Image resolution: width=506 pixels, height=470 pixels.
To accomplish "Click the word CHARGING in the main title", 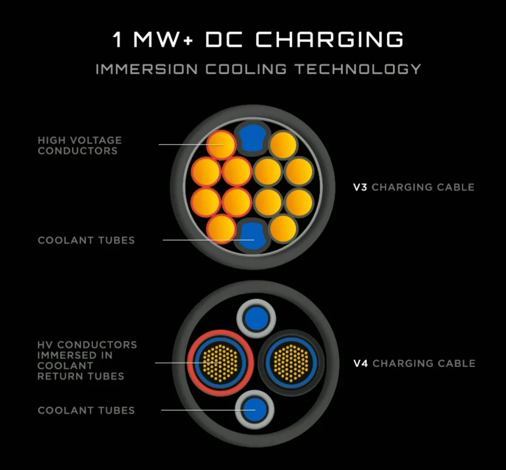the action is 330,39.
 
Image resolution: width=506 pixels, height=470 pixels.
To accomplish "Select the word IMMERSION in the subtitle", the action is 146,69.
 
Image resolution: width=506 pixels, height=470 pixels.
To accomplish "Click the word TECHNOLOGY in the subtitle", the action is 358,69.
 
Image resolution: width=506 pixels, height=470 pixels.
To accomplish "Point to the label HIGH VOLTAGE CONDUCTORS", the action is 80,145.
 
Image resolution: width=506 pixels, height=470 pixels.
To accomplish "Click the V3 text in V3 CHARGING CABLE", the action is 360,187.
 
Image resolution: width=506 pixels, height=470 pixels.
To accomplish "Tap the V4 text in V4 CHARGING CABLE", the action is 361,363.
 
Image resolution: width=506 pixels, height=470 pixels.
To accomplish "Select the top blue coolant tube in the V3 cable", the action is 253,138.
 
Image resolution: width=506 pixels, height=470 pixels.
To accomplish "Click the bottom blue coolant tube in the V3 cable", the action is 253,236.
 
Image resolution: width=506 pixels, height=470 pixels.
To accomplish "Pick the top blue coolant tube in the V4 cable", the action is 257,319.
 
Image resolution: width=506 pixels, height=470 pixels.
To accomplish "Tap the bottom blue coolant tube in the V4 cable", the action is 255,410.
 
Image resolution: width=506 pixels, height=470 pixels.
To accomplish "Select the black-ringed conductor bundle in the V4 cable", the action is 292,362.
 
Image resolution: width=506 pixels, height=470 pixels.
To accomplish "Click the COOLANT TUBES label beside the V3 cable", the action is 86,240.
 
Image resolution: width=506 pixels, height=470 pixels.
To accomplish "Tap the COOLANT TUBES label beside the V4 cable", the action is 86,410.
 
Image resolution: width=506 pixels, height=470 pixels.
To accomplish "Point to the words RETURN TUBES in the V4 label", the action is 81,376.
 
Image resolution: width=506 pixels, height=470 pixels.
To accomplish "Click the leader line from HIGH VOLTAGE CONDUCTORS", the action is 191,144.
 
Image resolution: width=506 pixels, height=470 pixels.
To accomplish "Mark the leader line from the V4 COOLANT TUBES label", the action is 208,410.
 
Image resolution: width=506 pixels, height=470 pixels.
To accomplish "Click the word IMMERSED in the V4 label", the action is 75,355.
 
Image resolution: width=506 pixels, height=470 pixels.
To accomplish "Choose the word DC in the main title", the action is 223,39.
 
